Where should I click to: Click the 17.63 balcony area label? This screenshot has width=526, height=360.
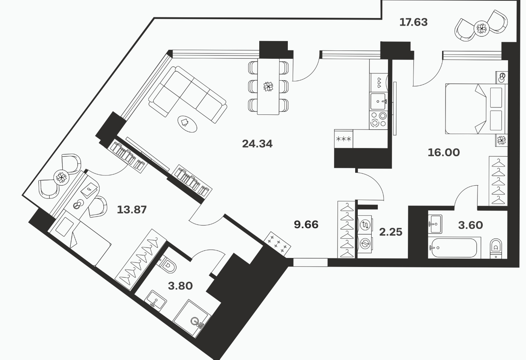(414, 22)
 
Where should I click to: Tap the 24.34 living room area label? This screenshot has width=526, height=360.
(257, 144)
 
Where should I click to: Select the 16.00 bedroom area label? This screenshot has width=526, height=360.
(444, 153)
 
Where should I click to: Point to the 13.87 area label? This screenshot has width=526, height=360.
(132, 210)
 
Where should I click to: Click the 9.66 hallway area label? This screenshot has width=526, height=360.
(306, 225)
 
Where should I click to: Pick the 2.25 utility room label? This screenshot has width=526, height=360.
(391, 232)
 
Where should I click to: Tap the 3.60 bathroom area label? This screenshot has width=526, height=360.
(471, 225)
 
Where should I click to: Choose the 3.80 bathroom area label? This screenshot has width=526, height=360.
(180, 286)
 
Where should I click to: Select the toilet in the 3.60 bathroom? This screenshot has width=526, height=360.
(496, 249)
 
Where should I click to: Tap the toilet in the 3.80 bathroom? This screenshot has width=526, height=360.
(167, 265)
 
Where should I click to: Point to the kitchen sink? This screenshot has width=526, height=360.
(378, 102)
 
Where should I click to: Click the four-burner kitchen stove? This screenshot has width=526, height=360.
(378, 120)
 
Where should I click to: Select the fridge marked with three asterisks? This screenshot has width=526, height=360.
(344, 139)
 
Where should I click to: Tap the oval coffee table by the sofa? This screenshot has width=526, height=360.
(187, 124)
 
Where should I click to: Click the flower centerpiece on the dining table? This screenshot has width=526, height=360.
(268, 87)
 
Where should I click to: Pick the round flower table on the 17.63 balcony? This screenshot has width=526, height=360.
(482, 29)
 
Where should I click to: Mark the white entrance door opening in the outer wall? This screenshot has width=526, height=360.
(310, 262)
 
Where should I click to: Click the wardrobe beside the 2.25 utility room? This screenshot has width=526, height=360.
(347, 230)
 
